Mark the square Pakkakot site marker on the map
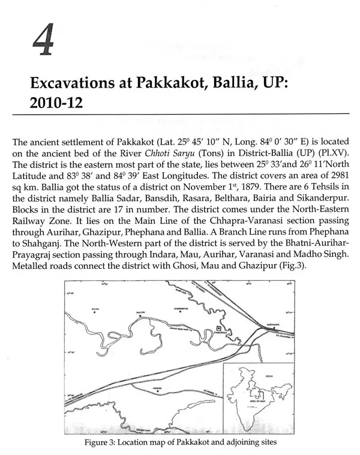click(219, 330)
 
